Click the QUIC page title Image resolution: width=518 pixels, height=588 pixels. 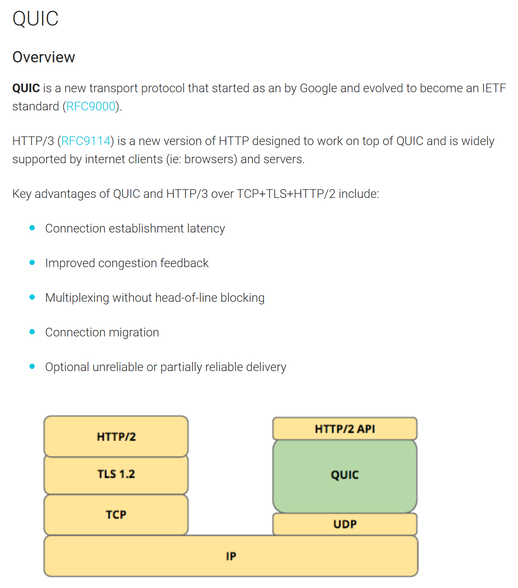pyautogui.click(x=36, y=19)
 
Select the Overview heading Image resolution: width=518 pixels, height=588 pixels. pyautogui.click(x=44, y=57)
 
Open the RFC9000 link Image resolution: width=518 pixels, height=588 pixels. pyautogui.click(x=91, y=107)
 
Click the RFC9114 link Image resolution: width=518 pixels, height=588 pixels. pyautogui.click(x=85, y=141)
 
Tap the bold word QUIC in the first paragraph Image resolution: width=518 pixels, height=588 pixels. pyautogui.click(x=26, y=88)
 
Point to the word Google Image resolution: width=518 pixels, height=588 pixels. pyautogui.click(x=318, y=88)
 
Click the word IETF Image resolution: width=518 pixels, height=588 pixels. pyautogui.click(x=494, y=88)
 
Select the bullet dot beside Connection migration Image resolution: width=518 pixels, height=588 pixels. pyautogui.click(x=32, y=332)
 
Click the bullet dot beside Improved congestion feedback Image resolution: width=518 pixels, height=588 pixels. pyautogui.click(x=32, y=263)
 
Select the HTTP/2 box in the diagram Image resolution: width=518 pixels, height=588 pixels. pyautogui.click(x=116, y=436)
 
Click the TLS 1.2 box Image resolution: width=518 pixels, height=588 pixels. pyautogui.click(x=116, y=475)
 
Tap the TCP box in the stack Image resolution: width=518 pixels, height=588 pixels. pyautogui.click(x=116, y=515)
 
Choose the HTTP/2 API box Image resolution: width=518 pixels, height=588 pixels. pyautogui.click(x=345, y=429)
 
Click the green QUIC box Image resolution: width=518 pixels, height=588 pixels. pyautogui.click(x=345, y=475)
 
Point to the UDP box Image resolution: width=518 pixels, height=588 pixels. pyautogui.click(x=345, y=524)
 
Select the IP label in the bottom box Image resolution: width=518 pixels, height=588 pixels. pyautogui.click(x=231, y=556)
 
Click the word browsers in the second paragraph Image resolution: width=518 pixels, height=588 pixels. pyautogui.click(x=210, y=159)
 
